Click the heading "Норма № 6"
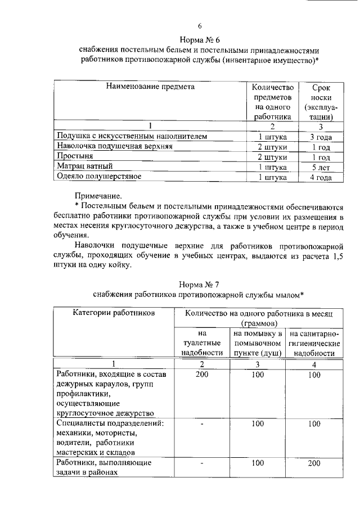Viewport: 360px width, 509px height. point(199,39)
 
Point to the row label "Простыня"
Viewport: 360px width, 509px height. point(74,156)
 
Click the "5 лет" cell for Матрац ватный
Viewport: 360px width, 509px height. point(321,167)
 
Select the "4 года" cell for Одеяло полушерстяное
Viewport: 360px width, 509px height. point(321,177)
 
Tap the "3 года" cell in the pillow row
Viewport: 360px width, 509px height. point(321,137)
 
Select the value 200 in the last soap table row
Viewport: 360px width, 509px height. point(313,463)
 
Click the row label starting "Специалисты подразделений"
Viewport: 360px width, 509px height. point(110,424)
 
